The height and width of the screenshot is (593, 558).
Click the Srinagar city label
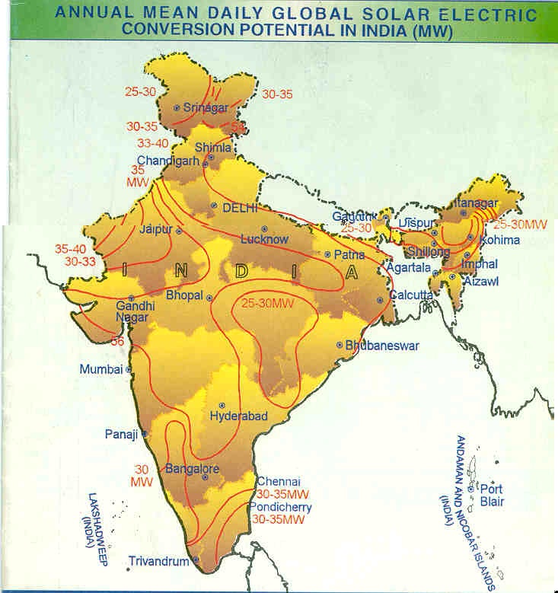tap(206, 108)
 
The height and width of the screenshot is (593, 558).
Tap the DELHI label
tap(241, 207)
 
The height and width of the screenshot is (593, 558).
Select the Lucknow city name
tap(264, 239)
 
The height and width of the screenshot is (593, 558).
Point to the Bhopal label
tap(185, 295)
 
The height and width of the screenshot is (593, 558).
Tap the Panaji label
tap(121, 435)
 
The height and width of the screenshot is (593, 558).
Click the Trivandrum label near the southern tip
tap(158, 562)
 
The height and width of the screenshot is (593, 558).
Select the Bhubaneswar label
tap(382, 346)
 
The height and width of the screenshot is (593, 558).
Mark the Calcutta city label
tap(411, 295)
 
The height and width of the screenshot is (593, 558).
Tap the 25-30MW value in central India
tap(267, 304)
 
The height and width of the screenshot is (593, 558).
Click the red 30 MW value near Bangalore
tap(142, 475)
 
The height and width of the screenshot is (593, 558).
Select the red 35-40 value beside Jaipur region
tap(70, 248)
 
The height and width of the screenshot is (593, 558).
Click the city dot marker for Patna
tap(327, 255)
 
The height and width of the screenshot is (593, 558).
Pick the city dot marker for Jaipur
tap(179, 231)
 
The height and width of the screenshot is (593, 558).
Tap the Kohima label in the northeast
tap(500, 240)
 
